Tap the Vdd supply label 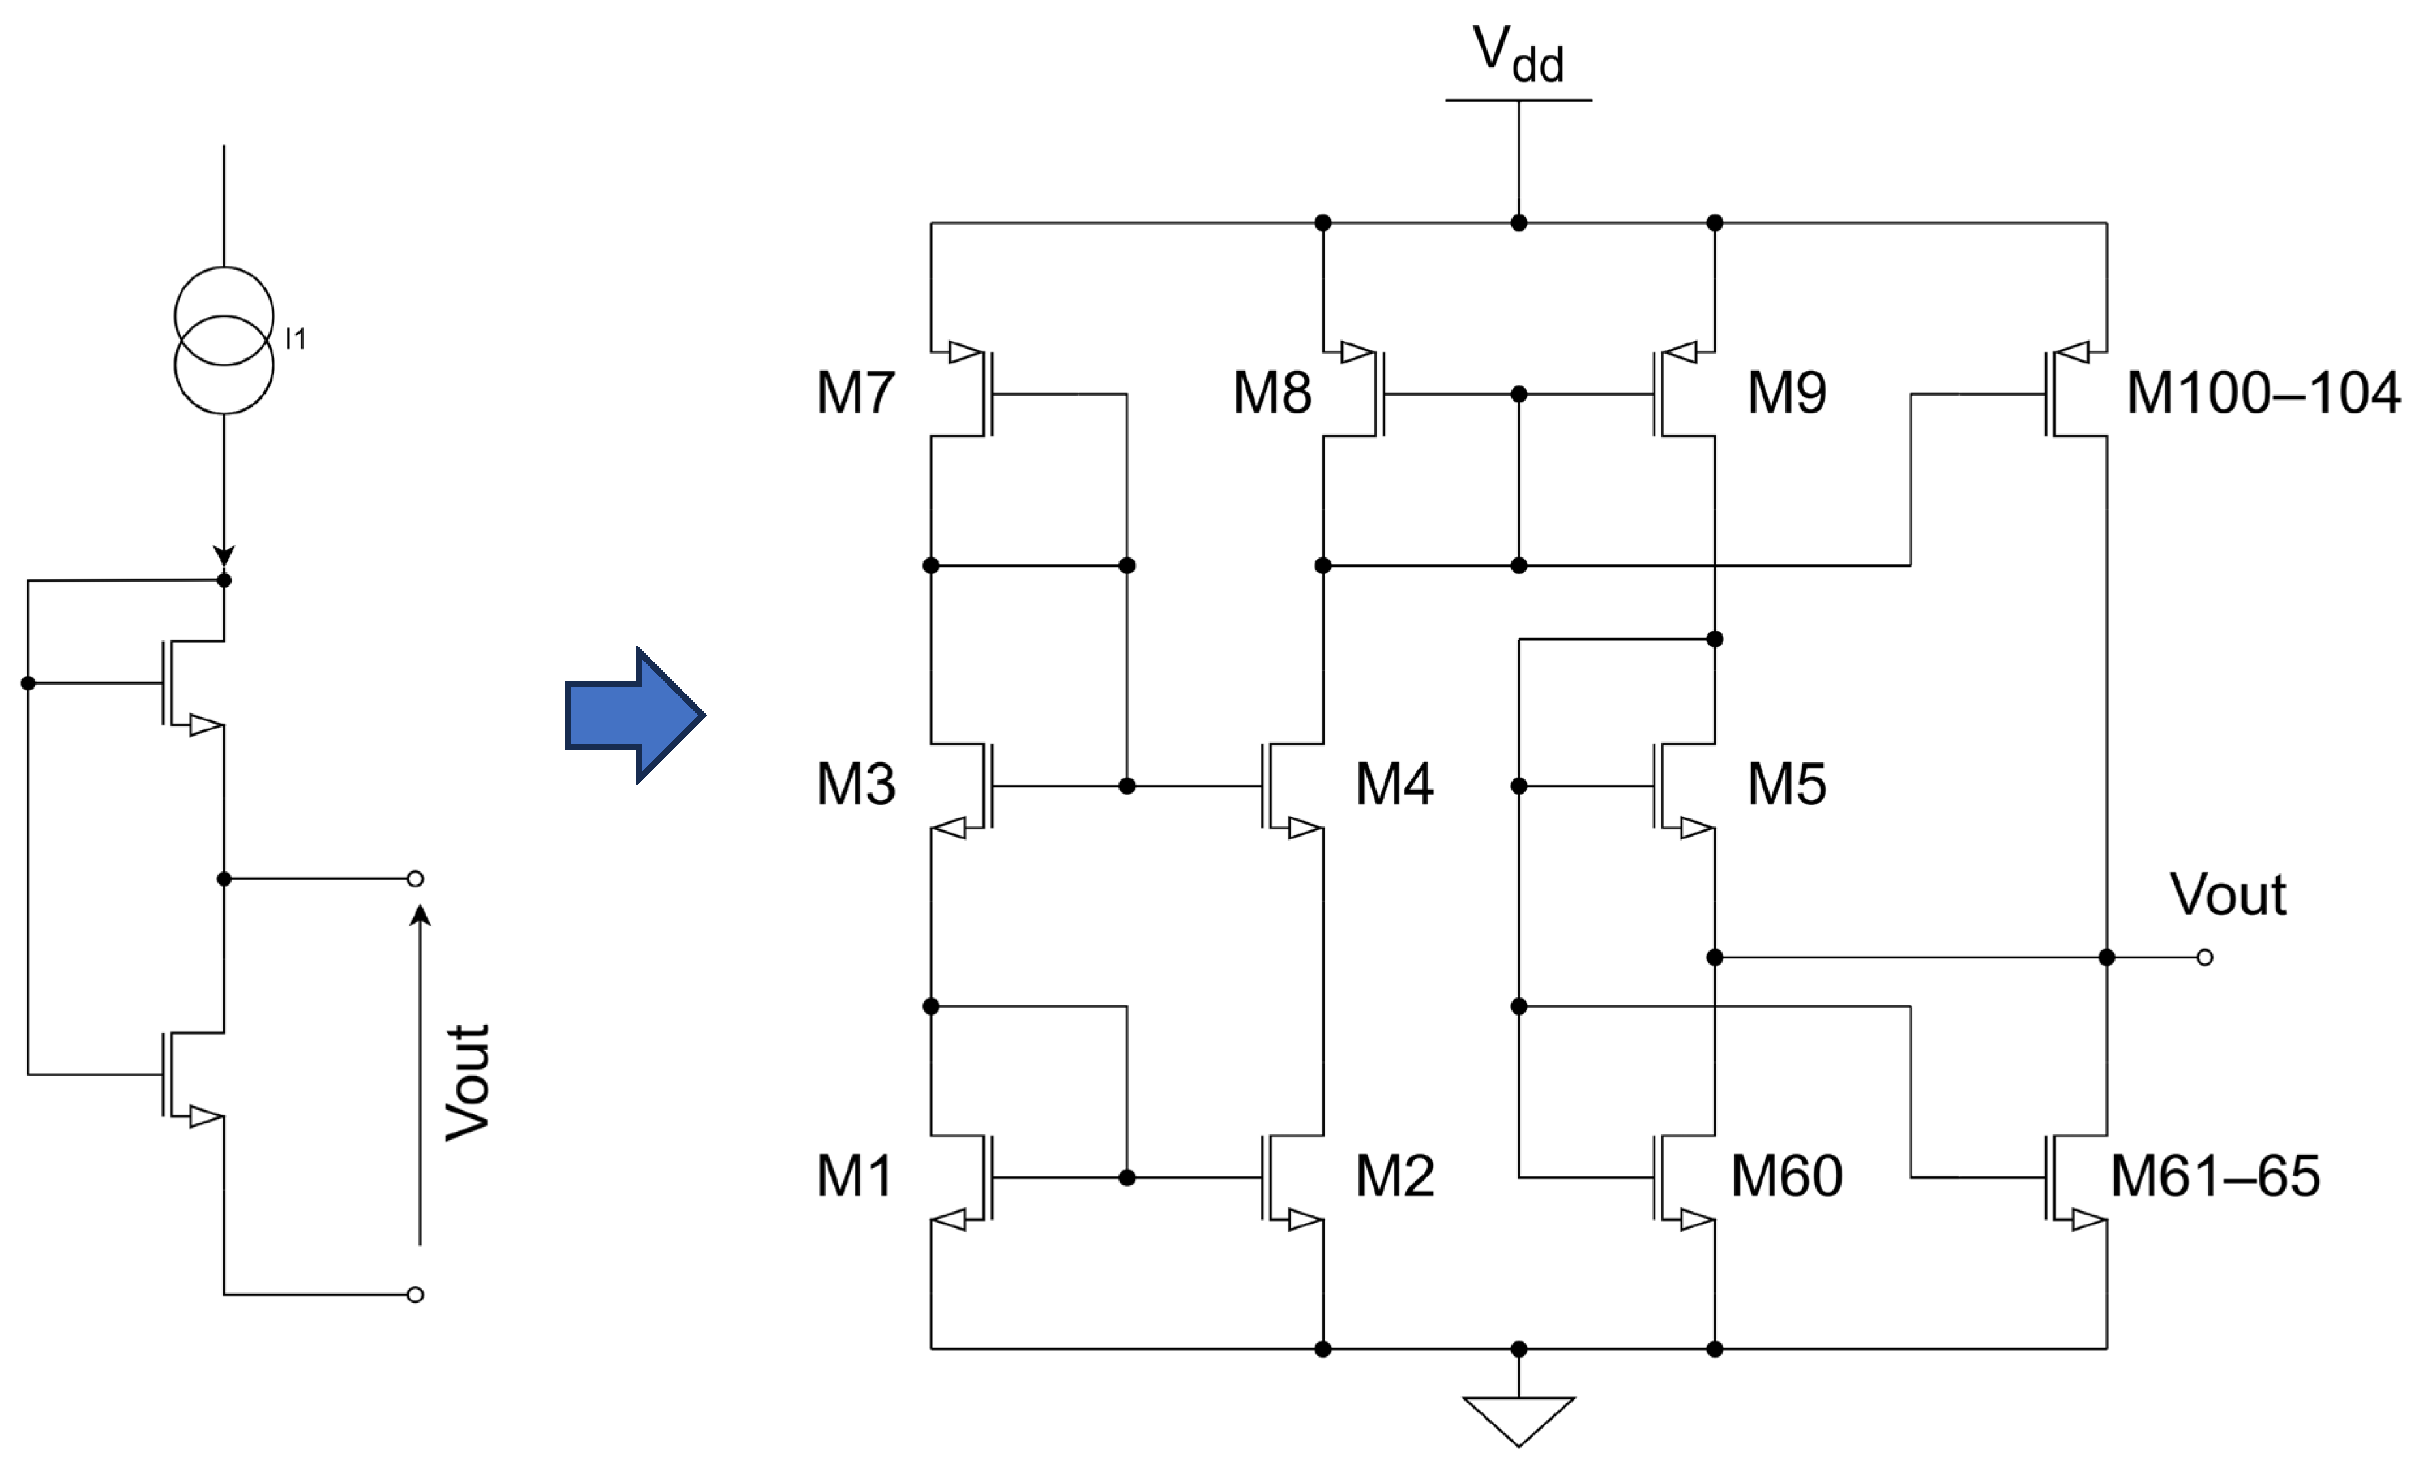1518,54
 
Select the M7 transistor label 855,392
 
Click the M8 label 1272,392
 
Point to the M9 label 1787,392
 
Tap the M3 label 855,785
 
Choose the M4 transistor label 1394,785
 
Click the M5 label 1787,785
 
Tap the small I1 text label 295,339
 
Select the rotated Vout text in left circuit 467,1083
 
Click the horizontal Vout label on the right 2228,894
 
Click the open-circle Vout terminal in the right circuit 2204,957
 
